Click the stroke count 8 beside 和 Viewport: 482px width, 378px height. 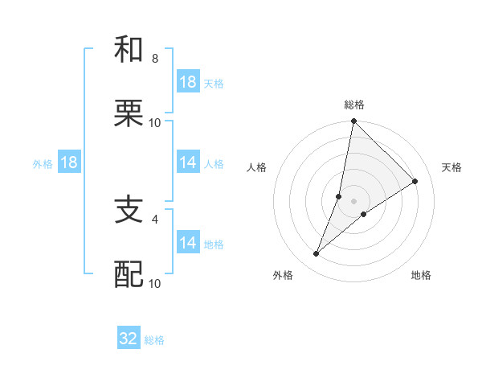coord(154,59)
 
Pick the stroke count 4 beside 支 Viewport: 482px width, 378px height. coord(154,218)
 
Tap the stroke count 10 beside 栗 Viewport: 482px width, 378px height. coord(154,123)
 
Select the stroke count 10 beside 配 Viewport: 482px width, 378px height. coord(154,283)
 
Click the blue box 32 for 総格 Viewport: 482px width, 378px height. coord(129,339)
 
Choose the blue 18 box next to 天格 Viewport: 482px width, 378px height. coord(188,82)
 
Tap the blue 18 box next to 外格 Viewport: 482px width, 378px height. coord(69,162)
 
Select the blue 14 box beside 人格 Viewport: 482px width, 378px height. coord(188,162)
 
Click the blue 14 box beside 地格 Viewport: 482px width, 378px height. coord(188,243)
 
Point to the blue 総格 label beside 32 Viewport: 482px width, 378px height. coord(154,340)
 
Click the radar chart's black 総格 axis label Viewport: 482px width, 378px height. coord(354,105)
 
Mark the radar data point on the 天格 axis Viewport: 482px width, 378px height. coord(415,181)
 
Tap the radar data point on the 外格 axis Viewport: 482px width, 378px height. coord(317,254)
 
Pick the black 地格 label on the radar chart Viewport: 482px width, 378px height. coord(421,275)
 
